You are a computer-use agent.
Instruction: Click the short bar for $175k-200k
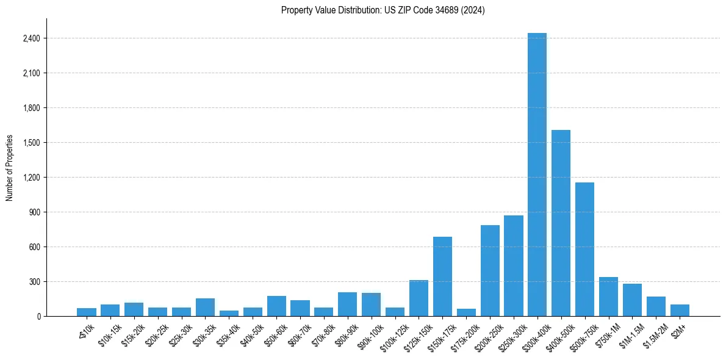pos(466,312)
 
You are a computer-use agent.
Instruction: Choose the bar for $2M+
pos(680,310)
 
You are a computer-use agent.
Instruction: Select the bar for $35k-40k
pos(229,313)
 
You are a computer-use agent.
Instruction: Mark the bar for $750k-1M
pos(608,297)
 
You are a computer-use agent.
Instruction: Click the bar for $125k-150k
pos(419,298)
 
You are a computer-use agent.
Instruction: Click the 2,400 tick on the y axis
pos(31,38)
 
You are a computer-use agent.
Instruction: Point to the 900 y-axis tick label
pos(34,212)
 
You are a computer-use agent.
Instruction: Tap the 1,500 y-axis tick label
pos(31,143)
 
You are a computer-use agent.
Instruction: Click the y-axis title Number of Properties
pos(9,168)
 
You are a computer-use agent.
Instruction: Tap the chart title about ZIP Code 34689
pos(383,10)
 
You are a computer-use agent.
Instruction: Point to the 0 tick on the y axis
pos(38,316)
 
